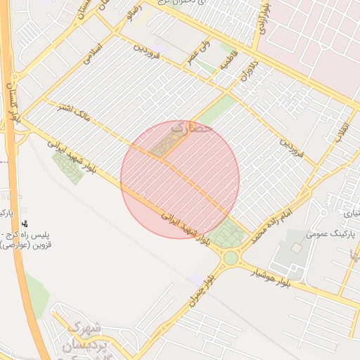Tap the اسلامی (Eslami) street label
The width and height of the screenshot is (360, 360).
(x=94, y=54)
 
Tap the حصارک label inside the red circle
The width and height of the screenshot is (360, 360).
(x=191, y=129)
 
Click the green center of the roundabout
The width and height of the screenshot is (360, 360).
(x=231, y=258)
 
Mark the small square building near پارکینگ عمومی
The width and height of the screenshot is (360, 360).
(x=296, y=248)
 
